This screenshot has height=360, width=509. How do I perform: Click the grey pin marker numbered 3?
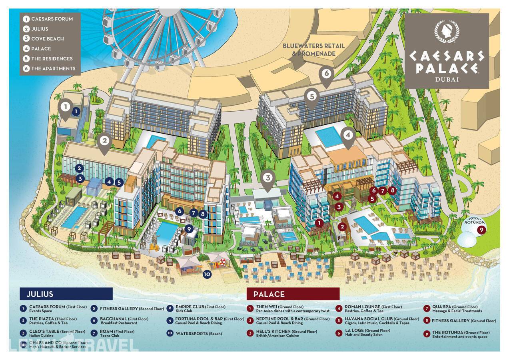pyautogui.click(x=267, y=178)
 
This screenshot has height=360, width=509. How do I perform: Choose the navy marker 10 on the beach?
pyautogui.click(x=207, y=274)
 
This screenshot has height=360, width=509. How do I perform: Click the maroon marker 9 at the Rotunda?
pyautogui.click(x=481, y=230)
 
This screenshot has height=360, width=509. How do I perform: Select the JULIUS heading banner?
pyautogui.click(x=66, y=294)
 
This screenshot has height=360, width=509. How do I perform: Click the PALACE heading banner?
pyautogui.click(x=293, y=294)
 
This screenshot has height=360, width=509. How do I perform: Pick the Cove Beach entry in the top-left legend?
pyautogui.click(x=47, y=39)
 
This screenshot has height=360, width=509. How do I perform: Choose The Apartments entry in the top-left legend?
pyautogui.click(x=53, y=68)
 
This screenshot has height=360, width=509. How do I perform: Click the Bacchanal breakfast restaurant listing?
pyautogui.click(x=124, y=321)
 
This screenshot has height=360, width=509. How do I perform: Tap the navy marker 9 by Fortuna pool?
pyautogui.click(x=190, y=229)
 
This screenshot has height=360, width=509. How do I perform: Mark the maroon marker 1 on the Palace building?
pyautogui.click(x=319, y=223)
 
